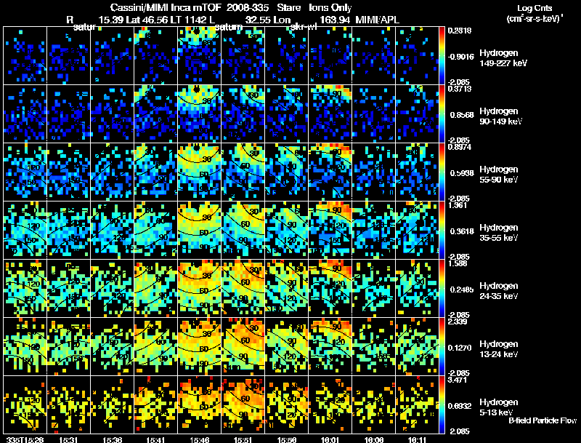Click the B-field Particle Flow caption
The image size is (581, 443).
(x=543, y=420)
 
